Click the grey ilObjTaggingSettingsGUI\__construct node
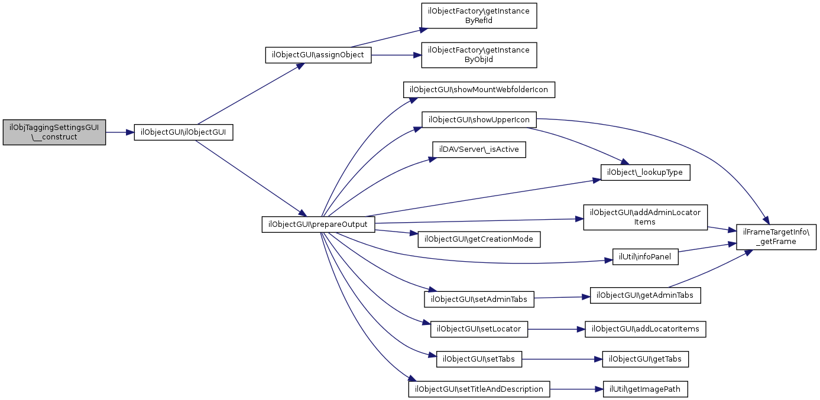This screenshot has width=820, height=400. (x=54, y=132)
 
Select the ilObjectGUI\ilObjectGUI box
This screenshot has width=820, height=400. (x=183, y=132)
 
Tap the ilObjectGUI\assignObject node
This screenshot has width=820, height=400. (x=318, y=55)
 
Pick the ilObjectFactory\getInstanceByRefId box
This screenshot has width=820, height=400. (x=479, y=16)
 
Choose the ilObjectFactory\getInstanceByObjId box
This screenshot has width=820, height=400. (x=479, y=55)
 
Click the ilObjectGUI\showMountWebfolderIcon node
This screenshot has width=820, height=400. (x=479, y=90)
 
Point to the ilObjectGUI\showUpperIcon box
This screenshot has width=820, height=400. (x=479, y=120)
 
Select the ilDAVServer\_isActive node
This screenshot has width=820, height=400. (x=479, y=149)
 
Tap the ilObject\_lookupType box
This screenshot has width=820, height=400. (x=645, y=173)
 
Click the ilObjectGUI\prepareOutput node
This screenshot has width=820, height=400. (x=318, y=225)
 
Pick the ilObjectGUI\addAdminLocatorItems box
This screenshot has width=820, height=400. (x=645, y=217)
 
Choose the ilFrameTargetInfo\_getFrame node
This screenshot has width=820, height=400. (x=776, y=237)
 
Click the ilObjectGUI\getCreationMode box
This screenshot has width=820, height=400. (x=479, y=239)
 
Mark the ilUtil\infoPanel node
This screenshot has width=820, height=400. (x=645, y=257)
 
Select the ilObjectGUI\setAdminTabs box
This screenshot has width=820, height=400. (x=479, y=300)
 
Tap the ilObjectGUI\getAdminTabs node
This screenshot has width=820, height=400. (x=645, y=295)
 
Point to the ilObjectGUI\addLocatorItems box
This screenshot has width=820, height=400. (x=645, y=329)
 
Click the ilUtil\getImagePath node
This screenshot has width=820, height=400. (x=645, y=389)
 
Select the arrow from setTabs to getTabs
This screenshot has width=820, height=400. (x=562, y=359)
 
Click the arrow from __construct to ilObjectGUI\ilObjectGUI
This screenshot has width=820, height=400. (x=119, y=132)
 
